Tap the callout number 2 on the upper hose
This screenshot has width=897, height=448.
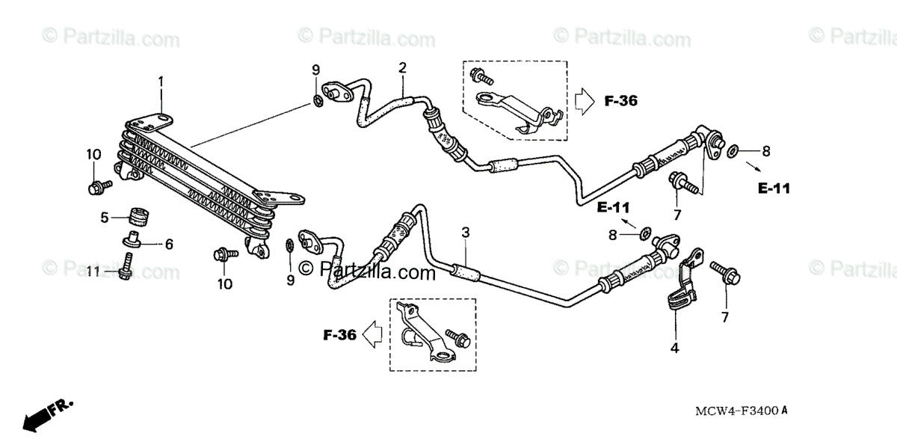tap(402, 68)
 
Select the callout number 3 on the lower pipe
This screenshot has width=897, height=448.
tap(465, 233)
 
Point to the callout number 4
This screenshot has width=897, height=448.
tap(674, 347)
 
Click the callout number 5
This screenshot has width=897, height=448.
tap(105, 218)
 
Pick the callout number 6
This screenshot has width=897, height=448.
tap(169, 244)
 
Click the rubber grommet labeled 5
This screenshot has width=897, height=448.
tap(137, 216)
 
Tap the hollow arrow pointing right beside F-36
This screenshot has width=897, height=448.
tap(583, 99)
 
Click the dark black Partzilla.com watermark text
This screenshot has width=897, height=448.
tap(366, 269)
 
